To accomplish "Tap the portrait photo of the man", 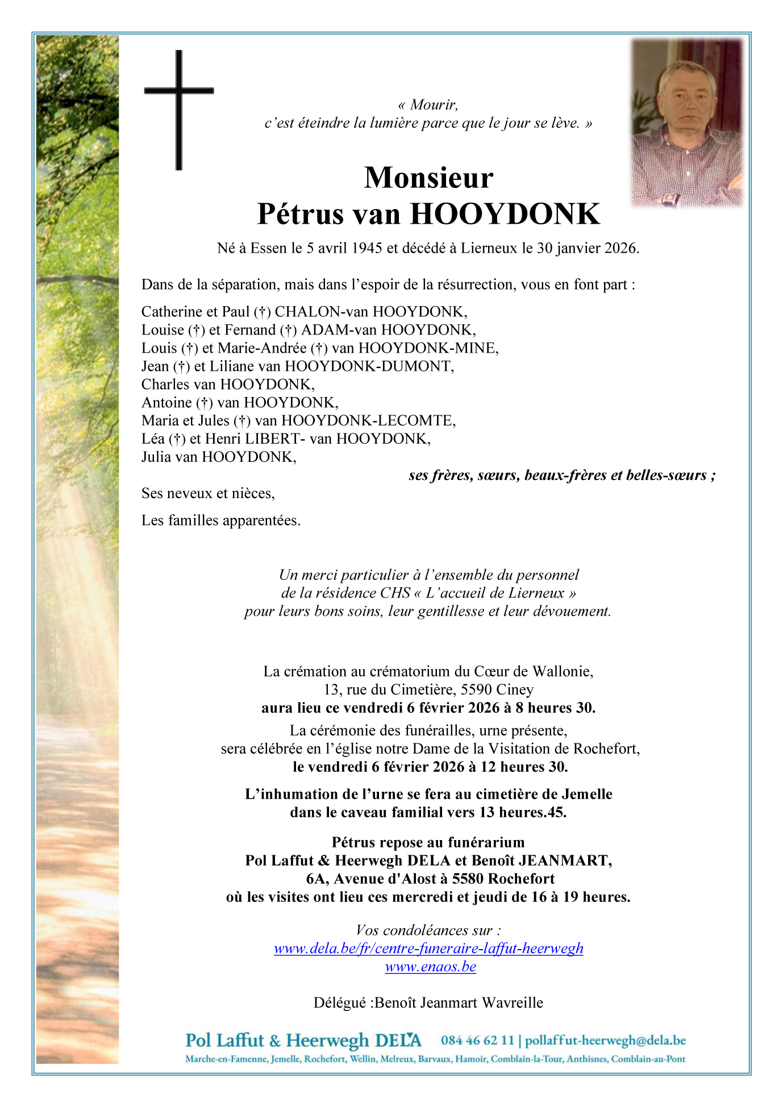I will click(687, 123).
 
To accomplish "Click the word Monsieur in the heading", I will click(428, 178).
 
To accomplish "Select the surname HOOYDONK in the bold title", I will click(505, 214).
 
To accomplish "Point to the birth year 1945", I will click(366, 248).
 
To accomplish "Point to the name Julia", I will click(157, 457).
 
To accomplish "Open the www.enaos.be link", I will click(430, 967).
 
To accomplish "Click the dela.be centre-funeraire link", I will click(428, 949).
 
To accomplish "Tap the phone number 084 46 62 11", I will click(477, 1041).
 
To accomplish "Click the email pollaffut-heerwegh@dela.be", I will click(605, 1041).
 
